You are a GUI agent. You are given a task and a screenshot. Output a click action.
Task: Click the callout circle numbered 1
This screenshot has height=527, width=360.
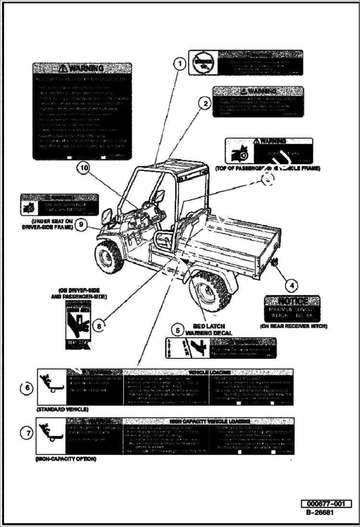click(179, 63)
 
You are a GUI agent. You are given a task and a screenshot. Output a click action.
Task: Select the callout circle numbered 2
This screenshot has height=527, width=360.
click(205, 103)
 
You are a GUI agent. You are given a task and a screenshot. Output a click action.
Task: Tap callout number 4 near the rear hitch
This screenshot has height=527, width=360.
click(291, 285)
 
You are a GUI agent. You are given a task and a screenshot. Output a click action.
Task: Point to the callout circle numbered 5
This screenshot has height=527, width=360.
click(178, 330)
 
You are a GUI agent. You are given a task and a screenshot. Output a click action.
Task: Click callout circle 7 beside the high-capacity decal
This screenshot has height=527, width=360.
click(27, 433)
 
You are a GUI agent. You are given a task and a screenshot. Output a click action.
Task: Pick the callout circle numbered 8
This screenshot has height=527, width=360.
click(99, 326)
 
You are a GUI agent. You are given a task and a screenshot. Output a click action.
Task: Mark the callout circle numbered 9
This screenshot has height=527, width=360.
click(81, 224)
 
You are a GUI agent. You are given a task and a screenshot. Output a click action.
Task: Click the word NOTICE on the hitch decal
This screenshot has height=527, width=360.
click(293, 301)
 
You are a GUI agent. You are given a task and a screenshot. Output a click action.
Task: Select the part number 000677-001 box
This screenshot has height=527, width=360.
click(326, 503)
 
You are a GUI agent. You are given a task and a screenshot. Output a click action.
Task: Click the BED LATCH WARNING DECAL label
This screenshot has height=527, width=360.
click(209, 330)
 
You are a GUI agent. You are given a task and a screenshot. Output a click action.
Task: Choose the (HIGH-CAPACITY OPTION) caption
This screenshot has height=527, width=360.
click(66, 459)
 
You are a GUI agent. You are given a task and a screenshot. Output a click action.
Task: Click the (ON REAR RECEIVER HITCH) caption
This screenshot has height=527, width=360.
click(293, 326)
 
